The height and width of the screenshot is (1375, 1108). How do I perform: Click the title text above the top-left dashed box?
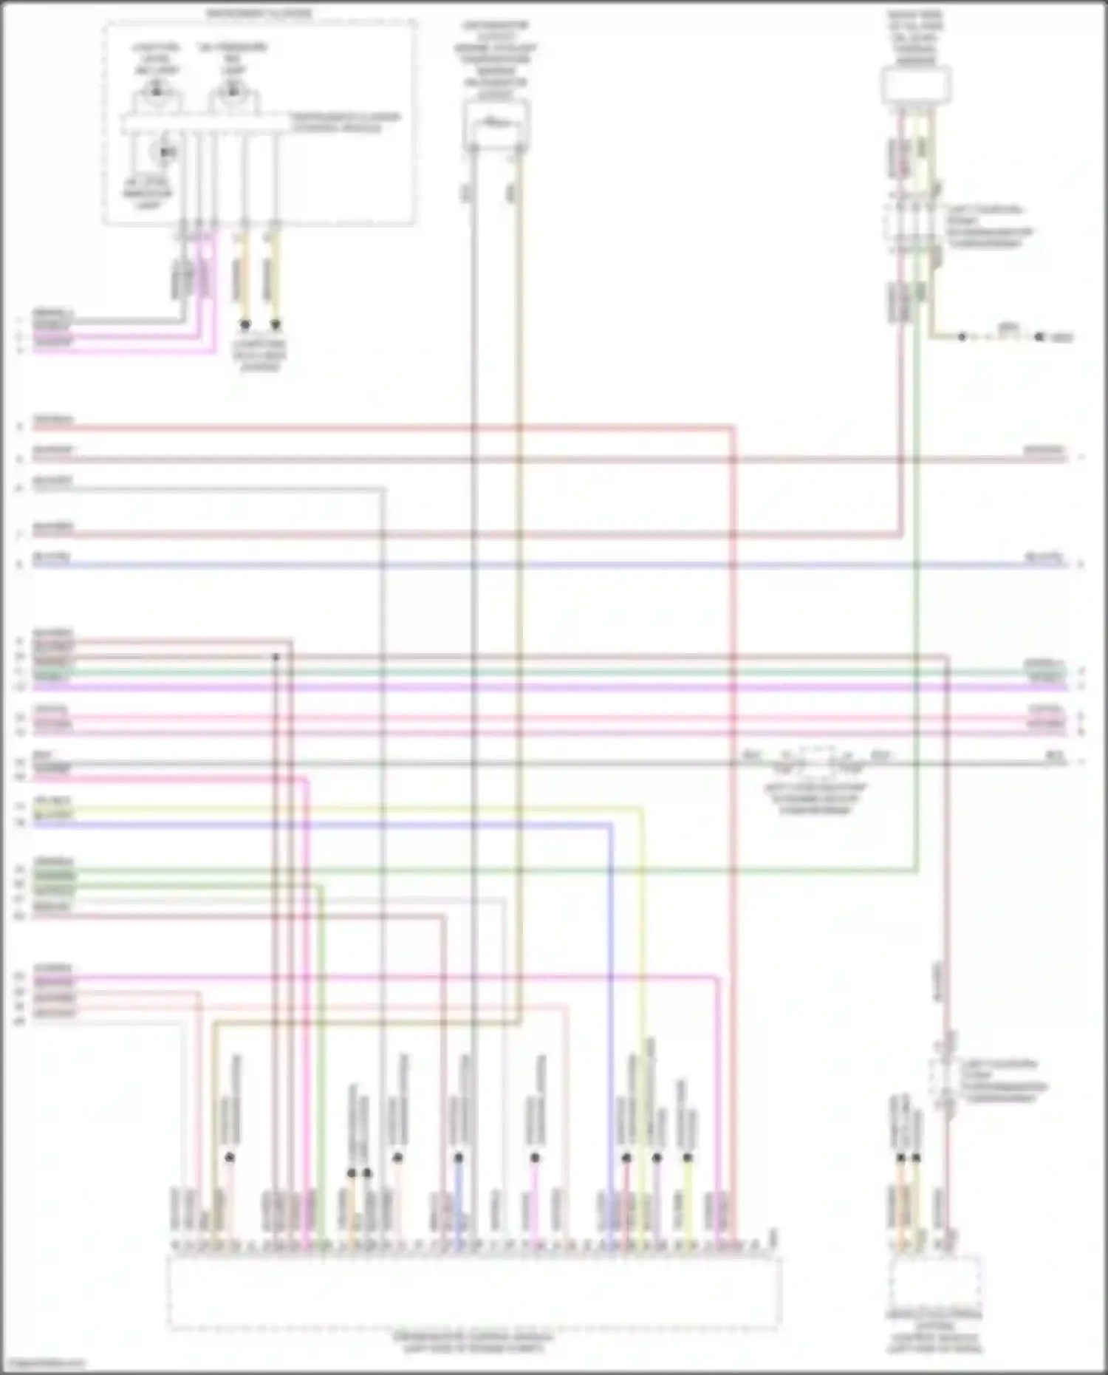pos(259,13)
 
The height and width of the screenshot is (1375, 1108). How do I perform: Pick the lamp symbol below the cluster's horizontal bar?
pos(164,152)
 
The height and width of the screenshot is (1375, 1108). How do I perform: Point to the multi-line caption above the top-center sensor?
pos(496,59)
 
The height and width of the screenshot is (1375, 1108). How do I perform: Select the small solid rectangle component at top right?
pos(915,84)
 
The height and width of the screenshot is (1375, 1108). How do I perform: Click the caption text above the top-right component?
pos(915,37)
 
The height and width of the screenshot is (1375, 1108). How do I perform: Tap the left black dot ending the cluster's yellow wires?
pos(245,324)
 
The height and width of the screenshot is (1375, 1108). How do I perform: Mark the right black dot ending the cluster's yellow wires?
pos(276,324)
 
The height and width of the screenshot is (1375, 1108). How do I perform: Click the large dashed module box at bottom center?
pos(473,1292)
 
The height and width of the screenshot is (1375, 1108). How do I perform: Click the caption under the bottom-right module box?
pos(935,1331)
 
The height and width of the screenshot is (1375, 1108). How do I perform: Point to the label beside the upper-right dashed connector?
pos(990,226)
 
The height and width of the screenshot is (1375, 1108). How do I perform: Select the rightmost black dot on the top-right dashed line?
pos(1039,337)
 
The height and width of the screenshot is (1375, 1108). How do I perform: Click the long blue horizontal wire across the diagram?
pos(547,565)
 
